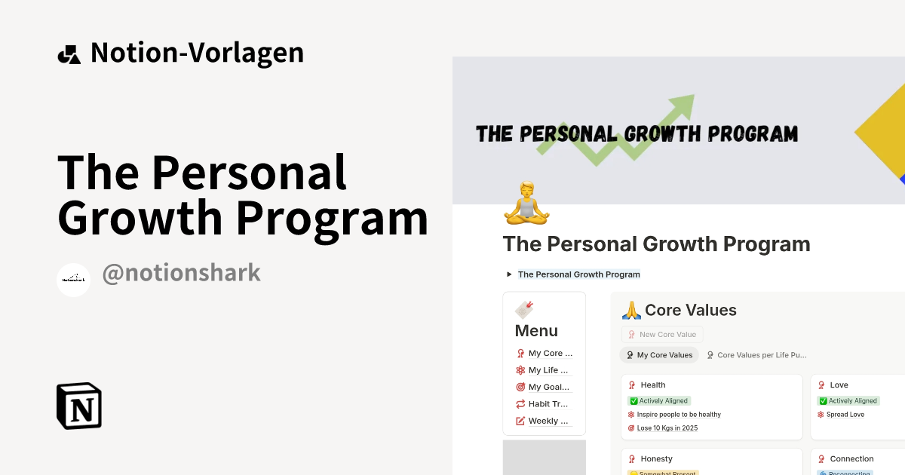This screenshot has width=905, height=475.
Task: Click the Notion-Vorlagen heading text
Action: [197, 53]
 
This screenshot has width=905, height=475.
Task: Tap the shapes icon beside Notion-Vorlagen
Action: [69, 54]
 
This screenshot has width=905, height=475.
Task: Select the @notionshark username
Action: [181, 273]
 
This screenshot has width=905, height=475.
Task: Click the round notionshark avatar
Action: [74, 280]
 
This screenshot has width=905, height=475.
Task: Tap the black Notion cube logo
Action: [79, 406]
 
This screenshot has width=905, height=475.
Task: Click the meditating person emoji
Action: [526, 203]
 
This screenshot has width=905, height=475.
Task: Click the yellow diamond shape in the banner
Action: [882, 136]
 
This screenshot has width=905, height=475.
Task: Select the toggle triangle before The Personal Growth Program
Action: [509, 274]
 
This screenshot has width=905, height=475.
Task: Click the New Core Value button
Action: [662, 334]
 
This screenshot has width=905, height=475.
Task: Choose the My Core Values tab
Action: [659, 355]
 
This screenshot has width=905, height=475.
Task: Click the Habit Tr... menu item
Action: [548, 404]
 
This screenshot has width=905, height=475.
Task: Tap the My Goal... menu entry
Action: [548, 387]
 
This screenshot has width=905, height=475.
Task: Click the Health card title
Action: [652, 385]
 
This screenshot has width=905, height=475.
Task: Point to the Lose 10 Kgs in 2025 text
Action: [668, 428]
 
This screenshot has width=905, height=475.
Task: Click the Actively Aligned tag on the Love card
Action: [848, 401]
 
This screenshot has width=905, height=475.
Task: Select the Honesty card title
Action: [656, 459]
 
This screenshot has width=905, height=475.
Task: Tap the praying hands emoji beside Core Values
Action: [630, 311]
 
